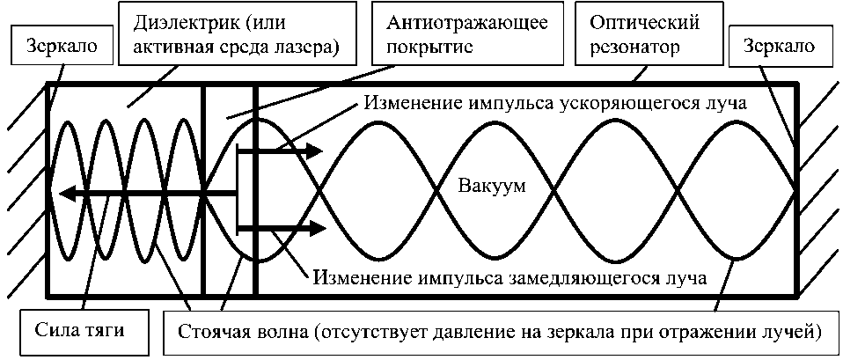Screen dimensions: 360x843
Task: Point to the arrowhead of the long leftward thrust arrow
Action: pos(63,192)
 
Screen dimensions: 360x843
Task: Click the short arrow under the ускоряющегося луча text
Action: pos(282,151)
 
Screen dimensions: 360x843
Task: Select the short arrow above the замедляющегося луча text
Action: pos(282,231)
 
